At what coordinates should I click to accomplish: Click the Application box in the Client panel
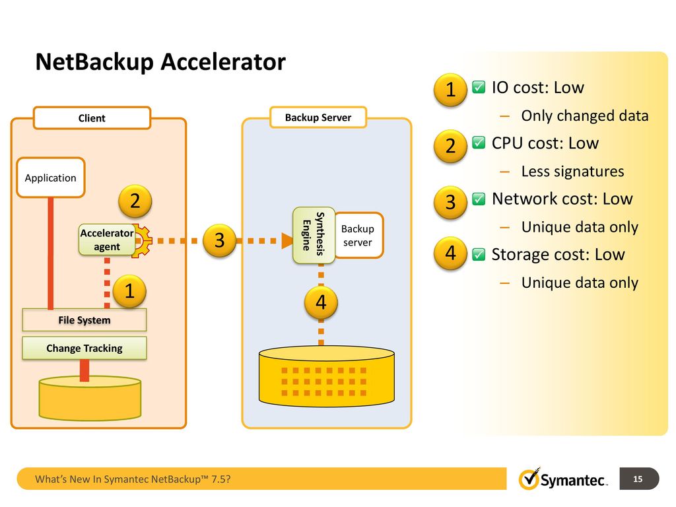click(x=50, y=178)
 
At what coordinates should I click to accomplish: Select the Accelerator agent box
click(x=107, y=240)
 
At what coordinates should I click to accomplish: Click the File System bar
click(x=84, y=320)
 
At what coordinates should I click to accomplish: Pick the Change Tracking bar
click(x=84, y=348)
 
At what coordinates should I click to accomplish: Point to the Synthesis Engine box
click(x=314, y=236)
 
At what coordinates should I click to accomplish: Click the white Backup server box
click(x=358, y=236)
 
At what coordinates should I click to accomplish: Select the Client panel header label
click(x=92, y=118)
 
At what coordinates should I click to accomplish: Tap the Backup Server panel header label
click(x=318, y=118)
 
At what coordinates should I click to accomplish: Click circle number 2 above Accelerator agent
click(x=135, y=201)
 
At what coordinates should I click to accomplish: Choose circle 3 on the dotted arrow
click(x=219, y=240)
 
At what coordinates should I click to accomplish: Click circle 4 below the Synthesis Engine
click(x=321, y=302)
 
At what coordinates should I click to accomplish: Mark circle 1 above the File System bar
click(x=129, y=291)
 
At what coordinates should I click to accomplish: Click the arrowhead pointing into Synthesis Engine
click(x=287, y=240)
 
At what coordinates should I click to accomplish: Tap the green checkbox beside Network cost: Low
click(x=479, y=199)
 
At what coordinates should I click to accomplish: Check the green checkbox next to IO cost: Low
click(x=479, y=87)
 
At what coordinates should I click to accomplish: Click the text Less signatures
click(x=572, y=172)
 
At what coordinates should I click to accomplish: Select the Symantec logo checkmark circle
click(x=529, y=479)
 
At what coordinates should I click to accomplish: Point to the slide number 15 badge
click(x=639, y=479)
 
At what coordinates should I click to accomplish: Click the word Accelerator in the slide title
click(x=223, y=61)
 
